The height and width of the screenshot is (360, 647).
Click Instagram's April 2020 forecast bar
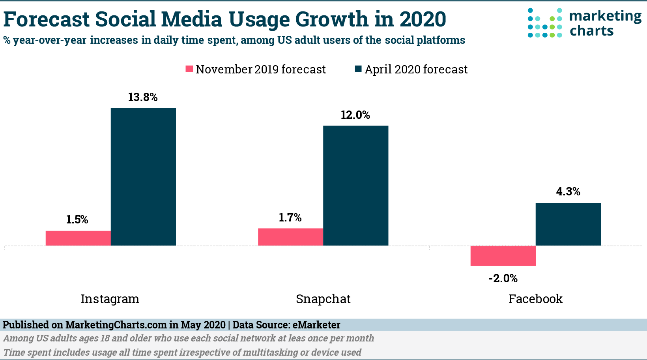pos(143,176)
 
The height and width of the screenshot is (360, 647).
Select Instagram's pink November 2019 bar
pos(78,238)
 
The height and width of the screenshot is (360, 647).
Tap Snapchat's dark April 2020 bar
pos(355,186)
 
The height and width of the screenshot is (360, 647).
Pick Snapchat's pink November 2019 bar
pos(290,237)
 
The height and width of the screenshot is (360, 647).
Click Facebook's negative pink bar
pos(503,256)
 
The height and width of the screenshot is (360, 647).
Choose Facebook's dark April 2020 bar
pos(568,224)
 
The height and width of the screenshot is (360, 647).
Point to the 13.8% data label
pos(143,97)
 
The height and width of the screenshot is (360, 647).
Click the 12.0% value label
pos(355,115)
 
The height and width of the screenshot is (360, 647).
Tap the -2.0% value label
pos(503,279)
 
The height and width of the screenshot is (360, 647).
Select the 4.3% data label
pos(568,192)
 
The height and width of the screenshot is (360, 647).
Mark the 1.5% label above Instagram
pos(77,219)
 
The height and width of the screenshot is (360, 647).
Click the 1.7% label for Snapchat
pos(290,217)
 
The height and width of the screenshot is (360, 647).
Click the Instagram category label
pos(110,299)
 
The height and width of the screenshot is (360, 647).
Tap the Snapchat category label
pos(323,299)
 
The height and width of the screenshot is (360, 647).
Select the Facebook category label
pos(535,299)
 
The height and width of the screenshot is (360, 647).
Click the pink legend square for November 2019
pos(189,69)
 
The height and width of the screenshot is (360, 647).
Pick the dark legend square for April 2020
pos(358,69)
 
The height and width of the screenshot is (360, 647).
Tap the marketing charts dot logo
pos(545,23)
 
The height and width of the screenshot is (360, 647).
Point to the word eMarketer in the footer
pos(316,325)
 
